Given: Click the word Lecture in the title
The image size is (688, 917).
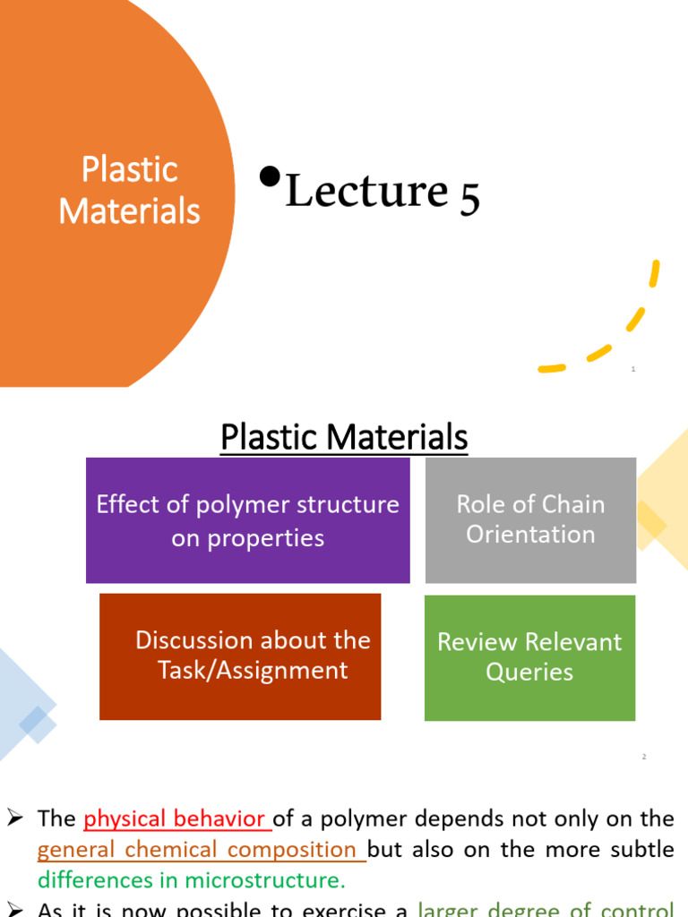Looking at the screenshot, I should pyautogui.click(x=365, y=192).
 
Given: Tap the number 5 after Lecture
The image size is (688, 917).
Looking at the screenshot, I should pyautogui.click(x=470, y=195).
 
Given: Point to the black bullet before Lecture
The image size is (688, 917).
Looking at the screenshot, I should pyautogui.click(x=267, y=176).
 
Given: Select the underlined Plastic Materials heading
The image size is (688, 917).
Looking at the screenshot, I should pyautogui.click(x=344, y=438).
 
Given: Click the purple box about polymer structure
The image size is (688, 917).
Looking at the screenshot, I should pyautogui.click(x=247, y=520).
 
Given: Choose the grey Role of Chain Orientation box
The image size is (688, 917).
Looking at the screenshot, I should pyautogui.click(x=530, y=519).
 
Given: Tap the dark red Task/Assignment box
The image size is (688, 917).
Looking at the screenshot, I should pyautogui.click(x=240, y=656).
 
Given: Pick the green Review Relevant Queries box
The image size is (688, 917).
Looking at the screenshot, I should pyautogui.click(x=529, y=657).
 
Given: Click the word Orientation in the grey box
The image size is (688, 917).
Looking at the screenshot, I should pyautogui.click(x=530, y=535).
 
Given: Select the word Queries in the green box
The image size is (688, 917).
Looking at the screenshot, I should pyautogui.click(x=529, y=673).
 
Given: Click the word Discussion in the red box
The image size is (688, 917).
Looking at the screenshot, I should pyautogui.click(x=189, y=640).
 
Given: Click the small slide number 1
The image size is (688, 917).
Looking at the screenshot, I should pyautogui.click(x=633, y=369).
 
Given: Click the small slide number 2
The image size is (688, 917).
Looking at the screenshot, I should pyautogui.click(x=643, y=757).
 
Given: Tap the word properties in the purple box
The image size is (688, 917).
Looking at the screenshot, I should pyautogui.click(x=247, y=538).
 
